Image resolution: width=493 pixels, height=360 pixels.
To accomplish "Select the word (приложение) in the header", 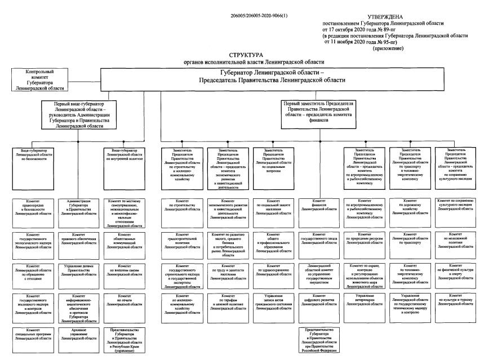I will (390, 50).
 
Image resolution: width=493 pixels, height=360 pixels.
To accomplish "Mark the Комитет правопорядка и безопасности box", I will (36, 208).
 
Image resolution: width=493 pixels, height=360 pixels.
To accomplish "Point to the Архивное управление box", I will (79, 336).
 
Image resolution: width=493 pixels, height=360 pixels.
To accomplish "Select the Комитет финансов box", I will (319, 208).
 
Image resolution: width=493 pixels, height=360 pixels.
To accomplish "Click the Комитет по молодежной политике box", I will (456, 239).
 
